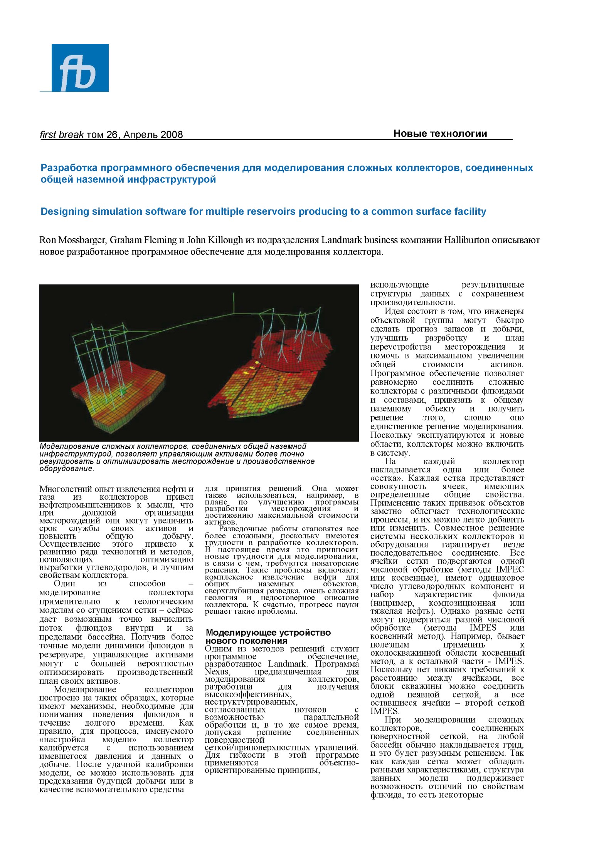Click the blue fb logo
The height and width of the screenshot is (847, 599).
click(x=80, y=68)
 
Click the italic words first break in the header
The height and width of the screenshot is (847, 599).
click(x=62, y=135)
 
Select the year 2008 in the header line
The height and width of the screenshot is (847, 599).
click(x=172, y=135)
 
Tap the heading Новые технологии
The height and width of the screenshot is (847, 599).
click(x=440, y=134)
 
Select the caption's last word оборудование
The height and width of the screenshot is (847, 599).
click(x=66, y=469)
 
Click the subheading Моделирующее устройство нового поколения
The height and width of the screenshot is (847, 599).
click(x=268, y=636)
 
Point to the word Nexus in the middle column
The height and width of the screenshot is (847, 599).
click(x=217, y=672)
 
